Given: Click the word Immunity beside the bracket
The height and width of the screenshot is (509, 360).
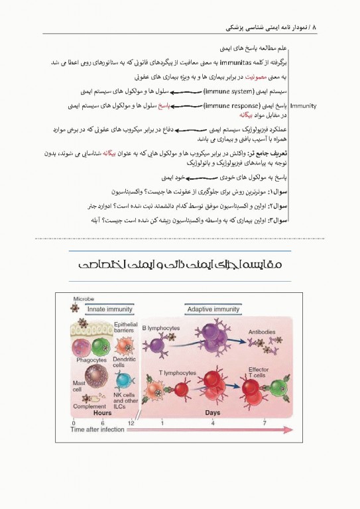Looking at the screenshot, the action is click(x=304, y=106).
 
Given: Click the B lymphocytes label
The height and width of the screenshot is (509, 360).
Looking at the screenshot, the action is click(x=162, y=327).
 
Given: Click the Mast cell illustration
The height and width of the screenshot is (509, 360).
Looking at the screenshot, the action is click(x=94, y=372).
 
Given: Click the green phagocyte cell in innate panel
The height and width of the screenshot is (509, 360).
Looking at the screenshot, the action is click(x=102, y=345).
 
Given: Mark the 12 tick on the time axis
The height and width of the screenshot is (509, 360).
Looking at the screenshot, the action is click(x=131, y=422).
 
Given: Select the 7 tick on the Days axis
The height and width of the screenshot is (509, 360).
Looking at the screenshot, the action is click(x=265, y=422).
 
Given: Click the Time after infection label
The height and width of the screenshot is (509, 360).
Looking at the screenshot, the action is click(x=97, y=429).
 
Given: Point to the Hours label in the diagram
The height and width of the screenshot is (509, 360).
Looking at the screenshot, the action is click(x=102, y=412).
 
